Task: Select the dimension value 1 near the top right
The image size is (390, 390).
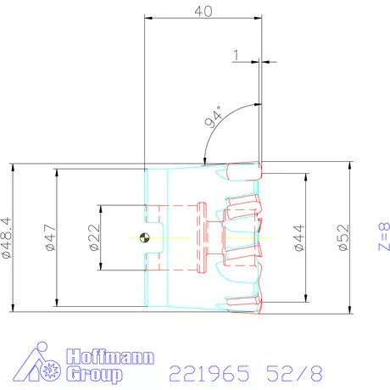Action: pyautogui.click(x=236, y=56)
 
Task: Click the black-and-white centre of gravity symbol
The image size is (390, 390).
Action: pyautogui.click(x=146, y=238)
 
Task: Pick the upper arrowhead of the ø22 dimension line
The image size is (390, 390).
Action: pyautogui.click(x=100, y=208)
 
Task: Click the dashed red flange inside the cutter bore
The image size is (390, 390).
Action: pyautogui.click(x=202, y=237)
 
